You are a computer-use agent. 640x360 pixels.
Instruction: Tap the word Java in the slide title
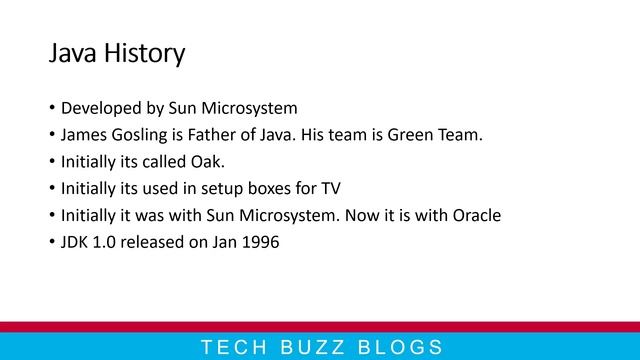pos(70,53)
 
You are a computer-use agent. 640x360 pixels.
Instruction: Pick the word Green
pos(408,135)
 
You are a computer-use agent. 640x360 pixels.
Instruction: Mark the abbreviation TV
pos(331,188)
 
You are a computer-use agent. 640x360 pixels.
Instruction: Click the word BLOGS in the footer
pos(393,348)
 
